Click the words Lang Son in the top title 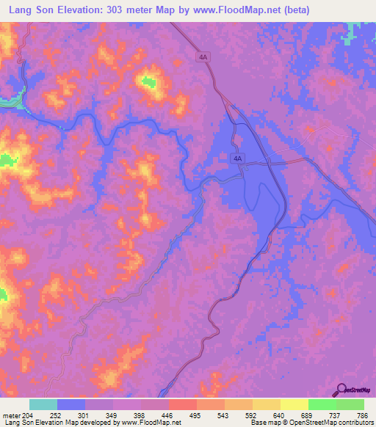pos(32,10)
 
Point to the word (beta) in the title pos(292,10)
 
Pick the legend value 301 pos(85,415)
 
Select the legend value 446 pos(168,415)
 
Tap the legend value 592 pos(252,415)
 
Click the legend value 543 pos(224,415)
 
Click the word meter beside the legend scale pos(11,415)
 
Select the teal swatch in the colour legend pos(43,404)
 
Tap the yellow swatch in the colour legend pos(294,404)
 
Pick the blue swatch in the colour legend pos(71,404)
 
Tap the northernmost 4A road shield pos(203,56)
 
